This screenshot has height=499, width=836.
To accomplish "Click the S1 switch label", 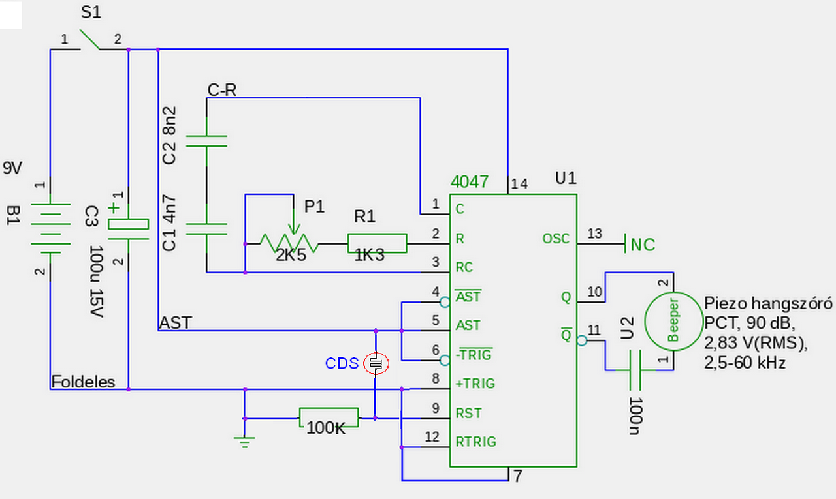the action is (x=91, y=12).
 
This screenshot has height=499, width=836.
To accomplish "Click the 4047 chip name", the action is (x=469, y=182).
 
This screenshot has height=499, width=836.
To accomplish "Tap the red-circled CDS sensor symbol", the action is (x=376, y=363).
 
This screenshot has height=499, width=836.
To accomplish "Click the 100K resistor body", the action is (x=329, y=417).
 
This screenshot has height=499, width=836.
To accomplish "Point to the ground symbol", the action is (x=244, y=442).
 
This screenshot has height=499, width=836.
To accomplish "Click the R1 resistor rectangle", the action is (x=378, y=243).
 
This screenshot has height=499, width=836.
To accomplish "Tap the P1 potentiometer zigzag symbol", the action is (x=289, y=243).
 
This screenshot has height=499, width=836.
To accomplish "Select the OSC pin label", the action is (x=556, y=239).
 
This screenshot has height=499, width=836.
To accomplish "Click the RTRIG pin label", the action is (x=476, y=442).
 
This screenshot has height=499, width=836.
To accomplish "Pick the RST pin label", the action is (x=468, y=414).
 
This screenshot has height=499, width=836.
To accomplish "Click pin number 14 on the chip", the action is (x=519, y=184).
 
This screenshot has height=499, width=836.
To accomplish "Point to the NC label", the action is (x=643, y=245).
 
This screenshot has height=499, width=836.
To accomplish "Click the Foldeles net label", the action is (x=83, y=382).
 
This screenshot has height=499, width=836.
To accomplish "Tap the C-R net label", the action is (x=221, y=90).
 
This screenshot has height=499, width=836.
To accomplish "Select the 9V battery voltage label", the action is (x=12, y=168).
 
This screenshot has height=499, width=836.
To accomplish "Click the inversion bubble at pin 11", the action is (x=582, y=340).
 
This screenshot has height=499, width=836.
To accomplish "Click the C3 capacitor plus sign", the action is (x=114, y=207).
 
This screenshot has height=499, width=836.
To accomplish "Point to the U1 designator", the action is (x=566, y=178).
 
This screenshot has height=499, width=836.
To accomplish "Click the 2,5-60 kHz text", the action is (x=745, y=363).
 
